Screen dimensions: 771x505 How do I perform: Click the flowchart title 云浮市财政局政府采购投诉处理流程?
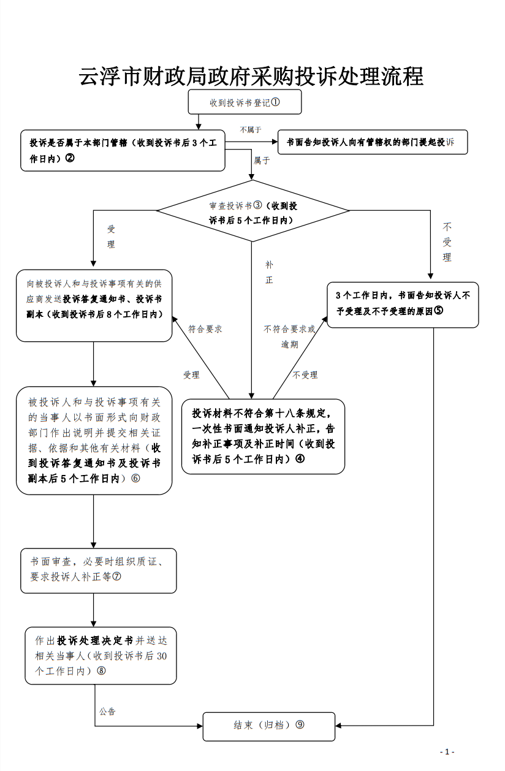click(x=252, y=77)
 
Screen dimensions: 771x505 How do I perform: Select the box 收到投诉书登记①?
click(x=245, y=102)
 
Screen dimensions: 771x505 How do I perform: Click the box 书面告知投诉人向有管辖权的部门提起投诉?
click(x=372, y=142)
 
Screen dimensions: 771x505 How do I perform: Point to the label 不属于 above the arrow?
click(x=251, y=129)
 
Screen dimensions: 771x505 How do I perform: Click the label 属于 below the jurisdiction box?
click(x=262, y=160)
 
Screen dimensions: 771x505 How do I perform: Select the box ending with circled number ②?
click(x=123, y=150)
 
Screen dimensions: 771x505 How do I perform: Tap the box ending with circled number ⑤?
click(x=402, y=303)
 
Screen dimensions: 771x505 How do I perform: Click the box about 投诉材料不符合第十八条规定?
click(x=263, y=436)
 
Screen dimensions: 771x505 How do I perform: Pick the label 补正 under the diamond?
click(x=269, y=272)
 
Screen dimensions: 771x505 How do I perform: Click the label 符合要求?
click(x=205, y=329)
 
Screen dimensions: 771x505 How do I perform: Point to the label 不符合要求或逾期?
click(x=289, y=336)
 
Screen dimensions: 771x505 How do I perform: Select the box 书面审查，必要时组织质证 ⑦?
click(x=98, y=570)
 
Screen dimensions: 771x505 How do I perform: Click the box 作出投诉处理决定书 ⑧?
click(x=101, y=655)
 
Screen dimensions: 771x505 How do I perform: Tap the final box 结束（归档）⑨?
click(x=269, y=726)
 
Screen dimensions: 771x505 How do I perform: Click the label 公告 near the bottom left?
click(x=107, y=712)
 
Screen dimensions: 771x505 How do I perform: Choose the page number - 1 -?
click(x=447, y=752)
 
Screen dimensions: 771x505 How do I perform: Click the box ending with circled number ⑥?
click(x=94, y=440)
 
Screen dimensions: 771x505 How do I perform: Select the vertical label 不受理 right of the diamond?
click(x=447, y=242)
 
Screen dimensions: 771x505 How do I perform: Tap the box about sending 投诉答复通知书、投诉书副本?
click(x=94, y=305)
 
